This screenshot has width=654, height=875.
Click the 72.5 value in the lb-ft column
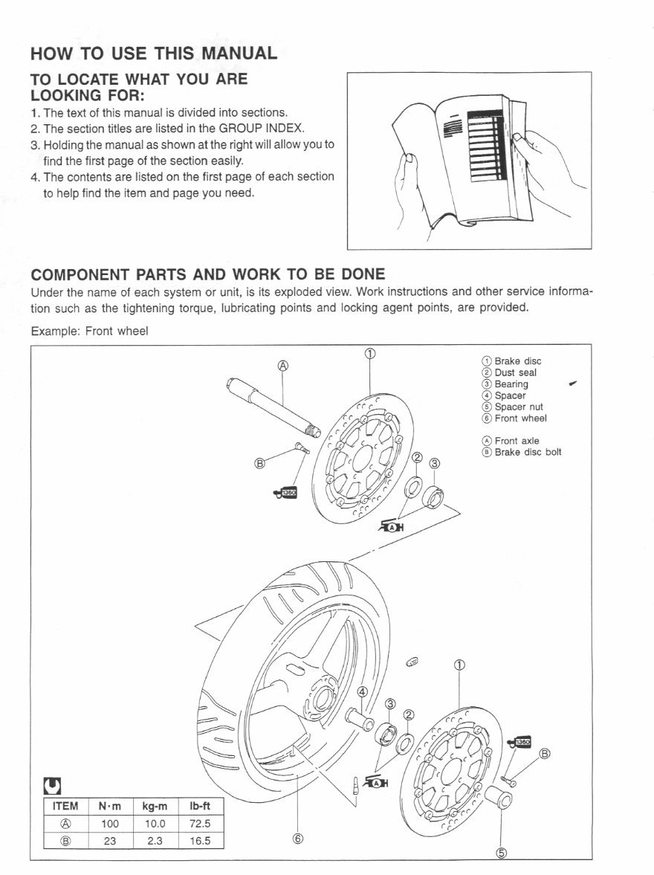point(200,824)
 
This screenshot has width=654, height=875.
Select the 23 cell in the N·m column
point(110,841)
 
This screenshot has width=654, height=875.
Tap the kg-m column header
point(155,807)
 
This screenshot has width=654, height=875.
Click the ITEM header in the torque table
point(65,807)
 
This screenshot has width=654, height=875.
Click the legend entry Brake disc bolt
point(528,452)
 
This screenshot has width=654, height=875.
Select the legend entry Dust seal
point(515,372)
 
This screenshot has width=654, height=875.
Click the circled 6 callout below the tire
point(297,839)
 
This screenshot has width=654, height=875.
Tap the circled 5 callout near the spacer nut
point(501,853)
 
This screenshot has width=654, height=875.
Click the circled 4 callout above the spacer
point(363,692)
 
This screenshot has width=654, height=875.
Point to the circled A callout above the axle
point(282,365)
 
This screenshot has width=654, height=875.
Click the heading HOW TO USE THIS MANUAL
point(154,53)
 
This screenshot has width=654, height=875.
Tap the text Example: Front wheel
point(89,332)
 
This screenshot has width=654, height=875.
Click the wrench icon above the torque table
point(53,785)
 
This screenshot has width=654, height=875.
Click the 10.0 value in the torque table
point(155,824)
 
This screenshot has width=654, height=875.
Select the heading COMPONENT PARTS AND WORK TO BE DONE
point(208,274)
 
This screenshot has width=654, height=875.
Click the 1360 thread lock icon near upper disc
point(286,491)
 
